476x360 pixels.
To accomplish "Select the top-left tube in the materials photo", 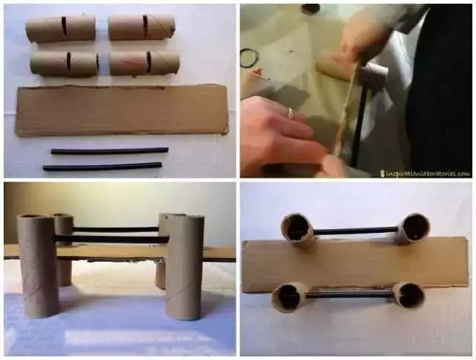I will pyautogui.click(x=60, y=28).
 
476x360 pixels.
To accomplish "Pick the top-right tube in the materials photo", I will pyautogui.click(x=141, y=27).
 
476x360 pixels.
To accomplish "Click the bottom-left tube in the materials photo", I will pyautogui.click(x=64, y=63).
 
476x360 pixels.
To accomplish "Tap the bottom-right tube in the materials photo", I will pyautogui.click(x=144, y=62).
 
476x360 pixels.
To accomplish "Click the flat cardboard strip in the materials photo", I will pyautogui.click(x=122, y=110).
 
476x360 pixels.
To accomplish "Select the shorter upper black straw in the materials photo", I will pyautogui.click(x=109, y=151).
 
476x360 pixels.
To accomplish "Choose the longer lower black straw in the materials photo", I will pyautogui.click(x=102, y=167).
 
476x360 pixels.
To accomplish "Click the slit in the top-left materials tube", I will pyautogui.click(x=64, y=27).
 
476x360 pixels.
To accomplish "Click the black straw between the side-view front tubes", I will pyautogui.click(x=112, y=240).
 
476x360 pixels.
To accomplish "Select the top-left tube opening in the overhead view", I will pyautogui.click(x=297, y=227).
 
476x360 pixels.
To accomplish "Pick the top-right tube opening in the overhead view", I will pyautogui.click(x=414, y=228).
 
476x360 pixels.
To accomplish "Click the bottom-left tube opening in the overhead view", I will pyautogui.click(x=290, y=297).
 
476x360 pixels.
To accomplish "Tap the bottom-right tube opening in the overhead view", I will pyautogui.click(x=409, y=295).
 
